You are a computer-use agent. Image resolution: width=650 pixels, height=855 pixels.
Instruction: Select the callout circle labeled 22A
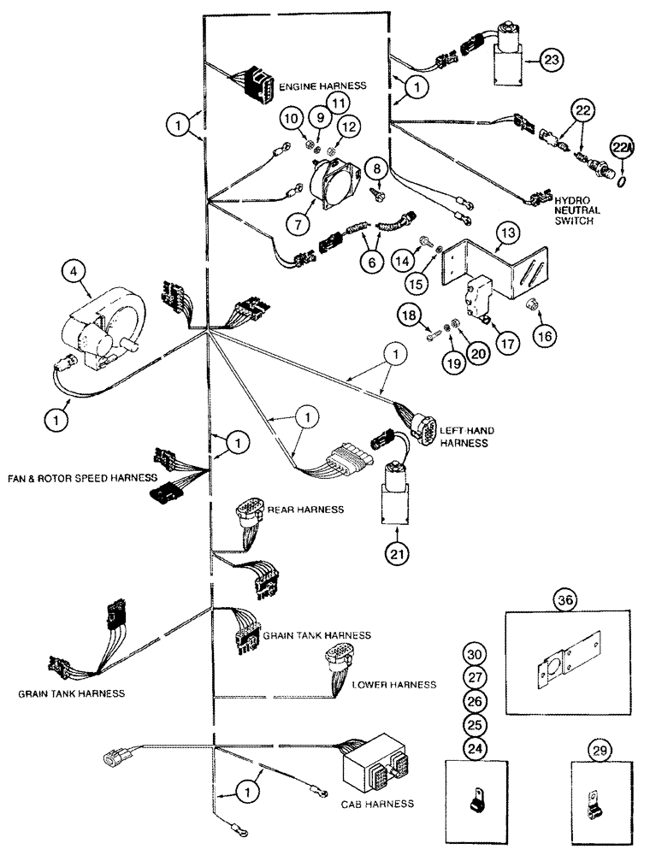pos(619,148)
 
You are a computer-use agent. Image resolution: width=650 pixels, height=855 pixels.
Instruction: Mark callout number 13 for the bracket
pos(507,232)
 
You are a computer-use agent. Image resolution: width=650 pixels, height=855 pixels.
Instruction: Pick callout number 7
pos(299,224)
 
